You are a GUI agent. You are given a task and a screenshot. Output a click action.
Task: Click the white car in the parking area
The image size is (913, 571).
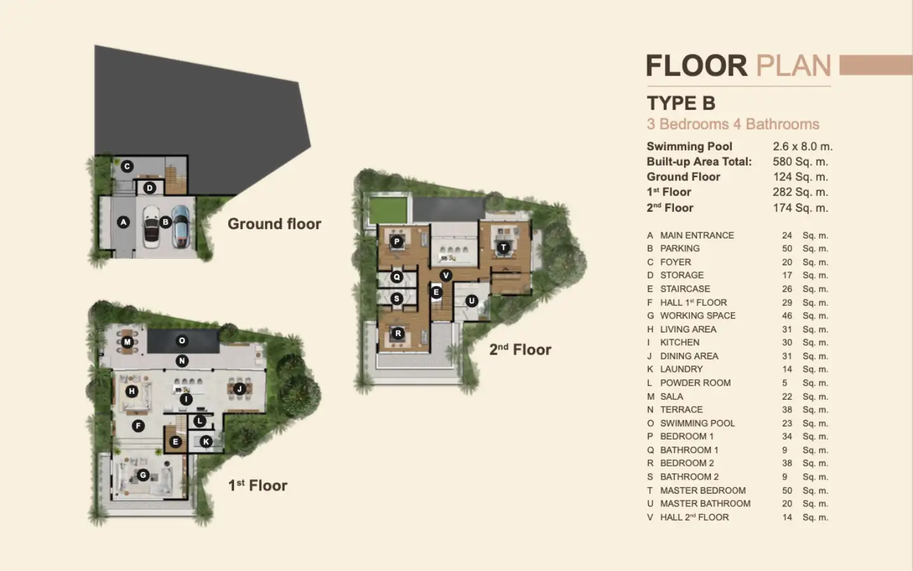point(151,226)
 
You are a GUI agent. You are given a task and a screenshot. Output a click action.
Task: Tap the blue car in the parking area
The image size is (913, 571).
point(180,226)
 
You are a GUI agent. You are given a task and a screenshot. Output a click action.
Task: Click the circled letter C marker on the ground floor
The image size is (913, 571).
point(127,166)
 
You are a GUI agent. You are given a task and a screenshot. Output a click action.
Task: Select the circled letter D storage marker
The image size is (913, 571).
point(150,188)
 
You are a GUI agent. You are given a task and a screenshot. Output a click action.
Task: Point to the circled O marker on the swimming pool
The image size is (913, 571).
point(182,341)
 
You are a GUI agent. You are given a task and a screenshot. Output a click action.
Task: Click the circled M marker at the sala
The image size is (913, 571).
point(127,342)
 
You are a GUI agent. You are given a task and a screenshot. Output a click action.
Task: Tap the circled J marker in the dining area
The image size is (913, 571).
point(239,389)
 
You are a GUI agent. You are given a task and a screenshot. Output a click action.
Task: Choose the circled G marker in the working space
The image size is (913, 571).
point(143,475)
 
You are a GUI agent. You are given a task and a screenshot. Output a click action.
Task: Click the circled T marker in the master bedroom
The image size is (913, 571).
point(503,247)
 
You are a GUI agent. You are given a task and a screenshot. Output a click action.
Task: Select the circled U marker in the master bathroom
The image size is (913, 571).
point(472,301)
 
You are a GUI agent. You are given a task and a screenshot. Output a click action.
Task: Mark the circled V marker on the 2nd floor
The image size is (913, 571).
point(446,275)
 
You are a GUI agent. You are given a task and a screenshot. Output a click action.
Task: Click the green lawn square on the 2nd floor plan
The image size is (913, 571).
point(388,210)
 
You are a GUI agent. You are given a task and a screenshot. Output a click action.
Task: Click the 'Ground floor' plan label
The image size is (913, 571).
point(275,224)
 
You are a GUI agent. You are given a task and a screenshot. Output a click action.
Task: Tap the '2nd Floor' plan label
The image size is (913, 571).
point(520,350)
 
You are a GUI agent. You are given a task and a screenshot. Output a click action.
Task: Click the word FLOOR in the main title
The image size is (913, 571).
point(697,66)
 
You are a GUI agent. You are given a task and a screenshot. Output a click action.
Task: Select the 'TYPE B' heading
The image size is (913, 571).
point(681,103)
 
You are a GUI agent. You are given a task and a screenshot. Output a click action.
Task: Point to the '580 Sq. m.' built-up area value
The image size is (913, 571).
point(801,162)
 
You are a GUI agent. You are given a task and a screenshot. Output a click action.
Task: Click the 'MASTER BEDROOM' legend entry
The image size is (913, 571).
point(703,490)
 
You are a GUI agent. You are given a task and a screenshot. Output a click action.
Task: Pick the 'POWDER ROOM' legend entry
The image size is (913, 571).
point(696,383)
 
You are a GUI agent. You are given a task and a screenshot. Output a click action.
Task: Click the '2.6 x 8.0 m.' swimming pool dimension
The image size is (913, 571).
point(803,146)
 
